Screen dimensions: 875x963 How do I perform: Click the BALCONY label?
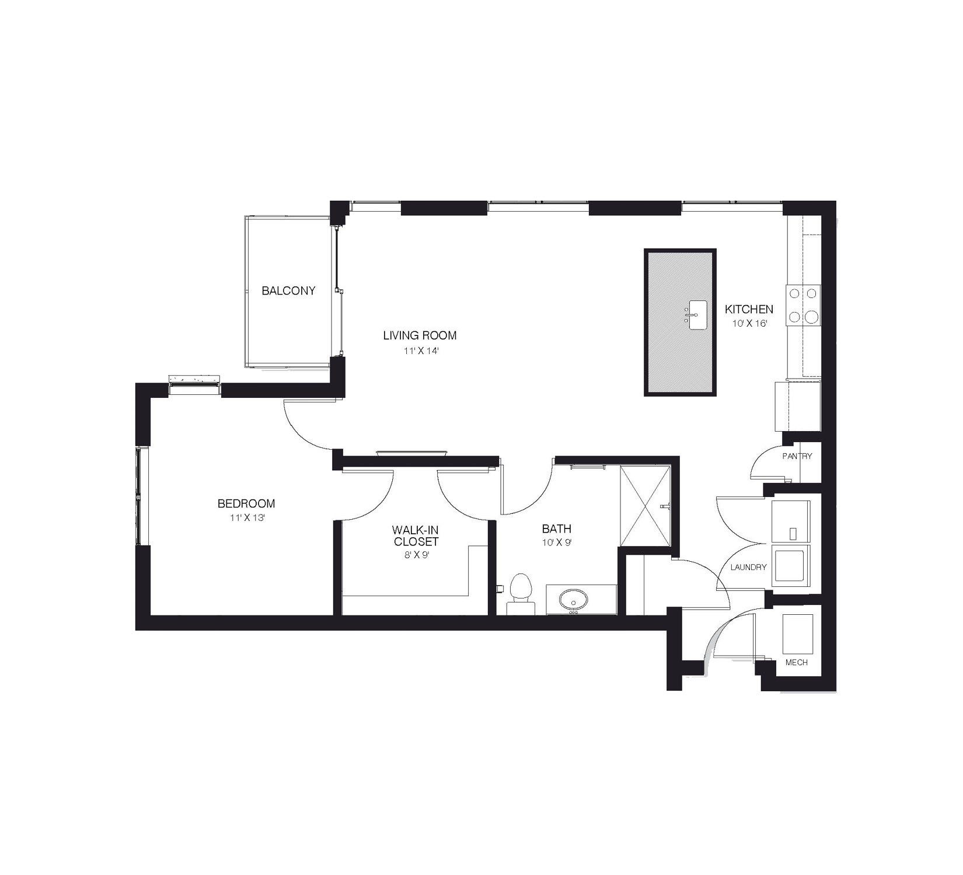click(x=288, y=290)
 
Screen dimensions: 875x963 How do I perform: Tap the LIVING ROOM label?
click(x=420, y=335)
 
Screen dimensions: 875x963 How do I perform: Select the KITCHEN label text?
click(x=749, y=309)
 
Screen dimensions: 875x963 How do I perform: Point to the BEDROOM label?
click(x=246, y=503)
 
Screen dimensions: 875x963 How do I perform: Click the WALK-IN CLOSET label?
click(x=415, y=535)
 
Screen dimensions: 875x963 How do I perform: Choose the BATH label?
click(x=557, y=529)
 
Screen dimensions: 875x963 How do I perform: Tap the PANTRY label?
click(x=797, y=456)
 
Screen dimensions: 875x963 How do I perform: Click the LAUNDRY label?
click(x=748, y=567)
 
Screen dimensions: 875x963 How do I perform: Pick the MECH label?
click(x=797, y=663)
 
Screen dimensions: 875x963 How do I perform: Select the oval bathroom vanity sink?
click(x=574, y=599)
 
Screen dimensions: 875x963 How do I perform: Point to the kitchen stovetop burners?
click(x=804, y=305)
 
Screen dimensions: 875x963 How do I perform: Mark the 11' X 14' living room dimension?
click(x=419, y=351)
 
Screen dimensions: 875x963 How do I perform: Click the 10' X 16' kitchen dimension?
click(x=749, y=323)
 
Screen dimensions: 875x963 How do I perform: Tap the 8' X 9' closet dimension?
click(x=416, y=555)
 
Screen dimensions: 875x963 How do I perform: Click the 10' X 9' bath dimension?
click(x=556, y=544)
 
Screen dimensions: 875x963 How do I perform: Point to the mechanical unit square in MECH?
click(x=798, y=634)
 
